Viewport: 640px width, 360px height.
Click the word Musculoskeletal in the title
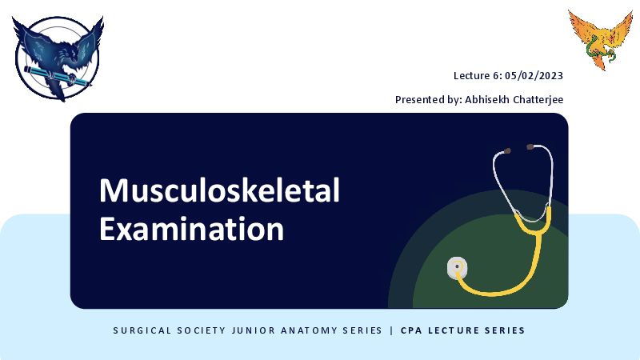point(219,190)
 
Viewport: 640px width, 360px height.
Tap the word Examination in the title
point(191,229)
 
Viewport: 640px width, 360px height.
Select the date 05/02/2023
point(534,76)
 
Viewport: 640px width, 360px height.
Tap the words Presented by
point(428,100)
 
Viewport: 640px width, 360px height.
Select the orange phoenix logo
point(601,40)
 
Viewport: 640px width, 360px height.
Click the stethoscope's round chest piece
point(457,267)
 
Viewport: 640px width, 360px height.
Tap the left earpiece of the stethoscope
point(506,151)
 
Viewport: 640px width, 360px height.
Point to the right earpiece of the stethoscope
point(530,146)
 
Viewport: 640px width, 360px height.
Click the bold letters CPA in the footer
point(411,330)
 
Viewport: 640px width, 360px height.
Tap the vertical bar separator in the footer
point(392,330)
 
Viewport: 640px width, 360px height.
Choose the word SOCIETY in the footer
point(202,330)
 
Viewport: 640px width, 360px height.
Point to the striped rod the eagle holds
point(57,76)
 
